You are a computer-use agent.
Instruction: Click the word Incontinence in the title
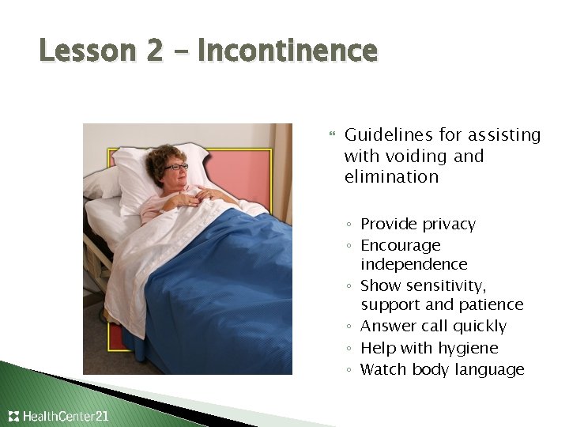click(x=288, y=51)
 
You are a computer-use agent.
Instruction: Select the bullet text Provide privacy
click(x=418, y=224)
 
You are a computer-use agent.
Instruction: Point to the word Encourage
click(x=401, y=245)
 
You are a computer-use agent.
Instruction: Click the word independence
click(x=414, y=264)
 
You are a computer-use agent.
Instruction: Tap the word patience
click(x=492, y=304)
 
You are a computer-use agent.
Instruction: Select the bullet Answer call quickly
click(x=433, y=326)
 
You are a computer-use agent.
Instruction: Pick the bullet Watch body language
click(x=442, y=369)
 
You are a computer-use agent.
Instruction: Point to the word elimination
click(x=391, y=176)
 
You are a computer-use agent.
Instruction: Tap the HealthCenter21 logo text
click(x=66, y=416)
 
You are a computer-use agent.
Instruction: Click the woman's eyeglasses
click(x=176, y=167)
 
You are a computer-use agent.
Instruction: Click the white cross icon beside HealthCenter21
click(x=13, y=416)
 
